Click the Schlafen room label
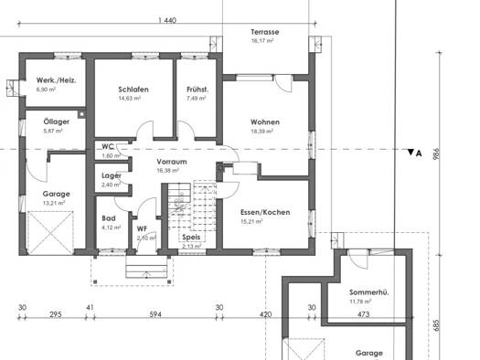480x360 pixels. point(133,90)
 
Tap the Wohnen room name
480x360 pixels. point(265,122)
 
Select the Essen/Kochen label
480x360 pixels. point(265,212)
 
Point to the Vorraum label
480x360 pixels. point(172,162)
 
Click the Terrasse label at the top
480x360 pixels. point(265,32)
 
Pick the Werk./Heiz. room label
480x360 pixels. point(57,80)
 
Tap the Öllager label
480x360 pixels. point(57,122)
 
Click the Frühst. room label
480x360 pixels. point(197,90)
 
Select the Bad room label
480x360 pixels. point(109,218)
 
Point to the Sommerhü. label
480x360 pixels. point(368,292)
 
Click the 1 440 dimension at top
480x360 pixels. point(167,20)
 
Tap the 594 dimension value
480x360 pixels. point(155,314)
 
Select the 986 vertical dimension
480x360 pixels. point(436,154)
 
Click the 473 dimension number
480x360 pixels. point(363,314)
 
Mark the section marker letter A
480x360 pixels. point(419,154)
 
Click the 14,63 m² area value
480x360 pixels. point(130,98)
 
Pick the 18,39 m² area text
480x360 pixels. point(262,132)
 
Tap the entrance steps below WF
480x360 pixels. point(146,267)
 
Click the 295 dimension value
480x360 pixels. point(56,314)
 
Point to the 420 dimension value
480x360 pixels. point(265,314)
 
